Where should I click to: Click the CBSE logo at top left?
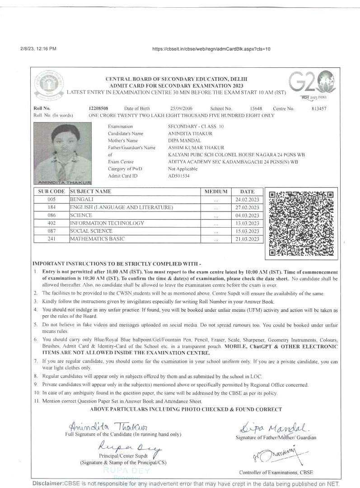[48, 85]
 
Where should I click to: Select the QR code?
[301, 223]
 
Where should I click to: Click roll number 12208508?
[98, 108]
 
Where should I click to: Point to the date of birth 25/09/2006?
[182, 108]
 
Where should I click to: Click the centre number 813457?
[319, 108]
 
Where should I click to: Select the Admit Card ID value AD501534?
[179, 176]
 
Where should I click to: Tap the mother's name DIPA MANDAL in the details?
[185, 141]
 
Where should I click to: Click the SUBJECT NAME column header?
[90, 192]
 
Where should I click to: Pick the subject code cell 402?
[51, 223]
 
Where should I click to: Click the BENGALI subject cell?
[82, 199]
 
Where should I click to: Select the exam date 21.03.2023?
[248, 239]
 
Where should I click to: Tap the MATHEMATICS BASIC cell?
[97, 239]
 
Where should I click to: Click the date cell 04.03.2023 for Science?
[248, 216]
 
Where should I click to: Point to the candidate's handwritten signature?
[108, 426]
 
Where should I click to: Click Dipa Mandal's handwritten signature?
[275, 427]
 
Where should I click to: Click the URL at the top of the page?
[211, 49]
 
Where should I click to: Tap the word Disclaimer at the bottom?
[48, 483]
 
